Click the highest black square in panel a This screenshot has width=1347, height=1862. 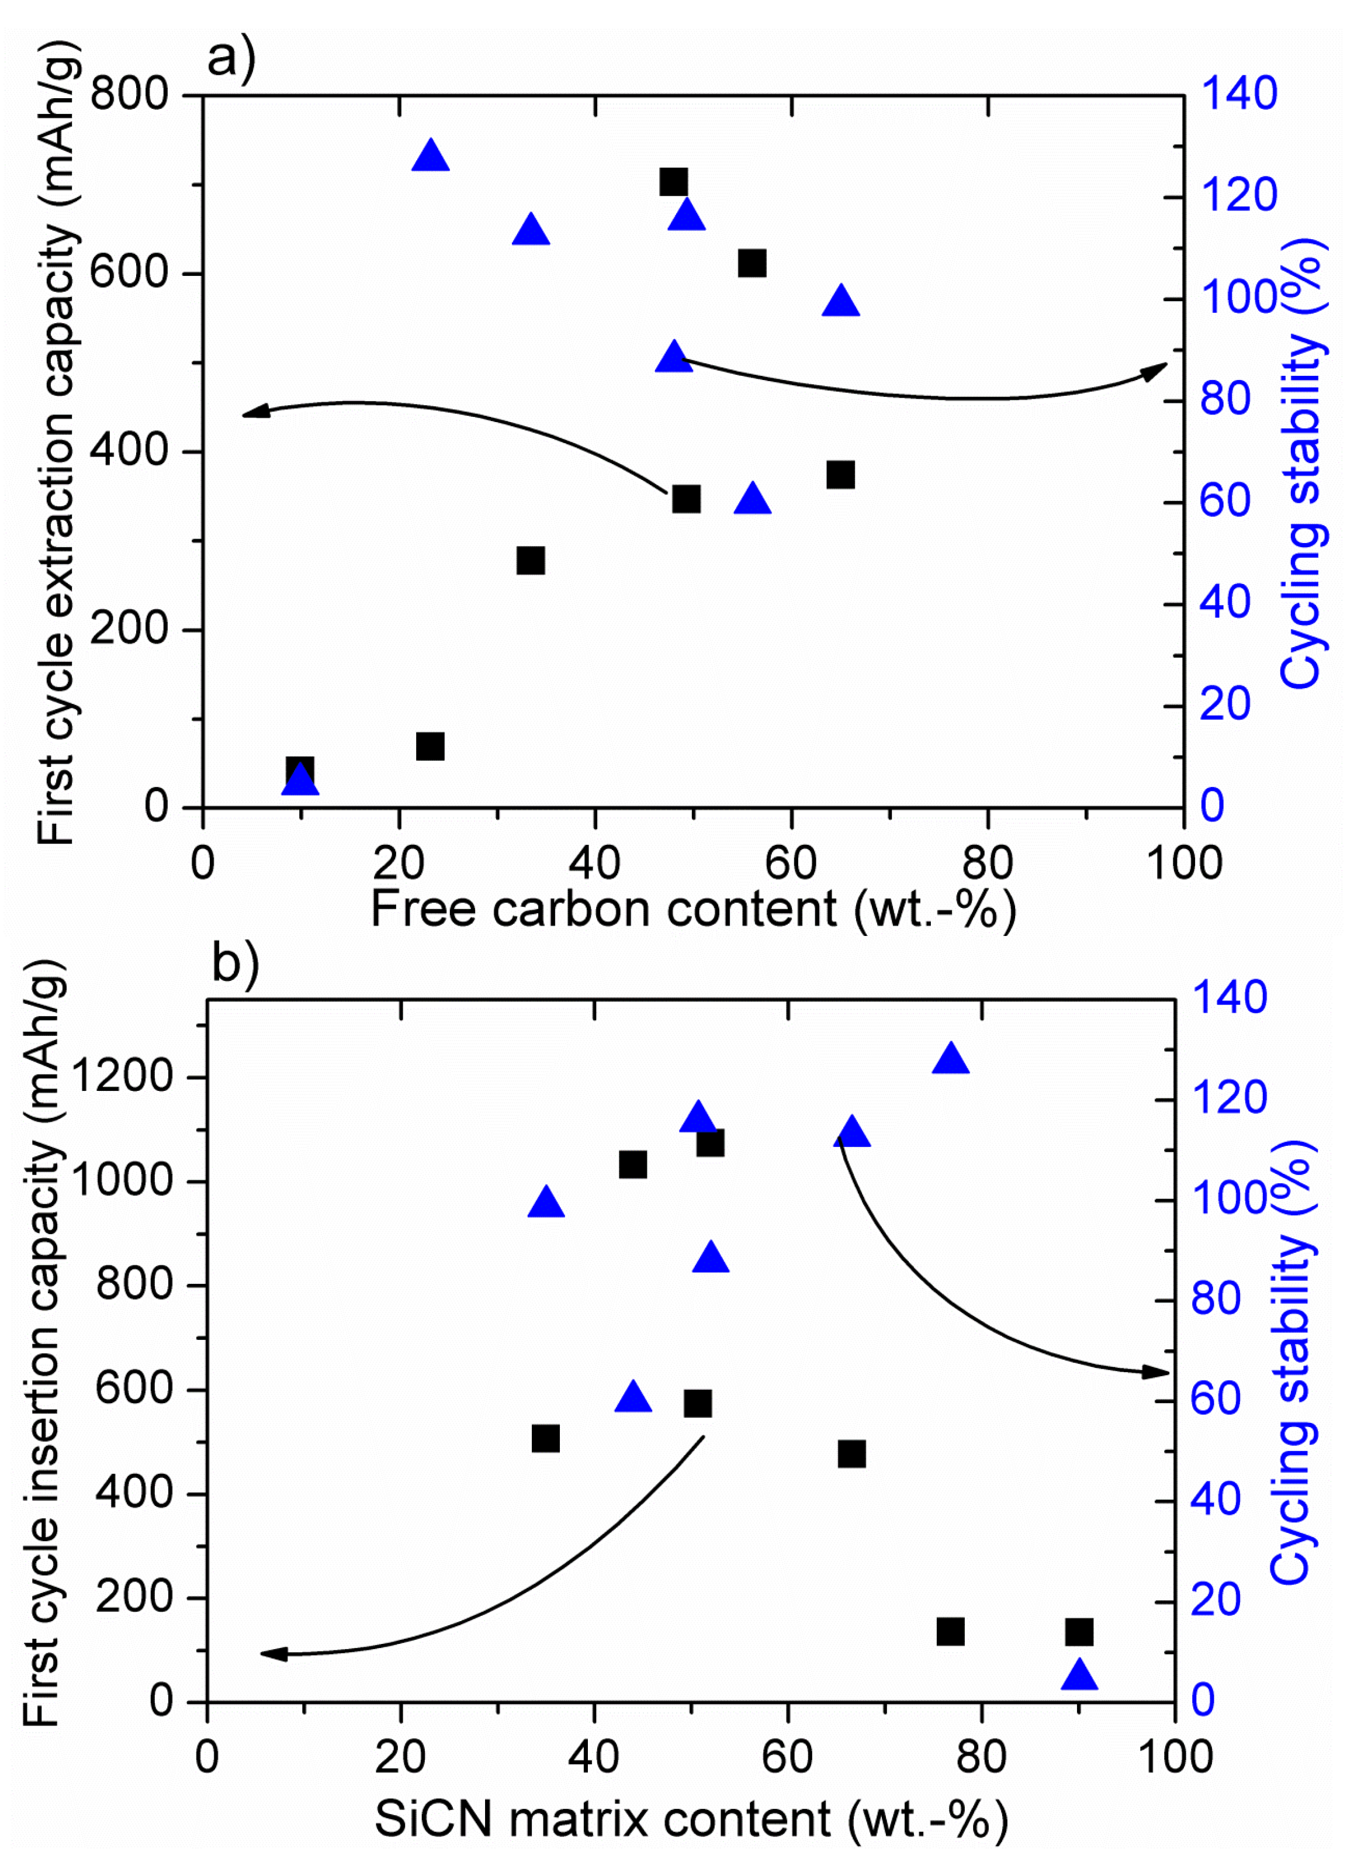(673, 181)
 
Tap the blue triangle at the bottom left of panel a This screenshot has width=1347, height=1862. (300, 778)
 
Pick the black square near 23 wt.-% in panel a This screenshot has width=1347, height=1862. (430, 747)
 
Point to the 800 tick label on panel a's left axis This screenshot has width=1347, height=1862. (129, 94)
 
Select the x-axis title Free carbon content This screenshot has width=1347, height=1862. (693, 909)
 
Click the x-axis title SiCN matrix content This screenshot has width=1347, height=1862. (691, 1819)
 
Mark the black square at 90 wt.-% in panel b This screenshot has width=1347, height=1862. (1079, 1632)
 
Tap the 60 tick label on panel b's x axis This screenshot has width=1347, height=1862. (787, 1757)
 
